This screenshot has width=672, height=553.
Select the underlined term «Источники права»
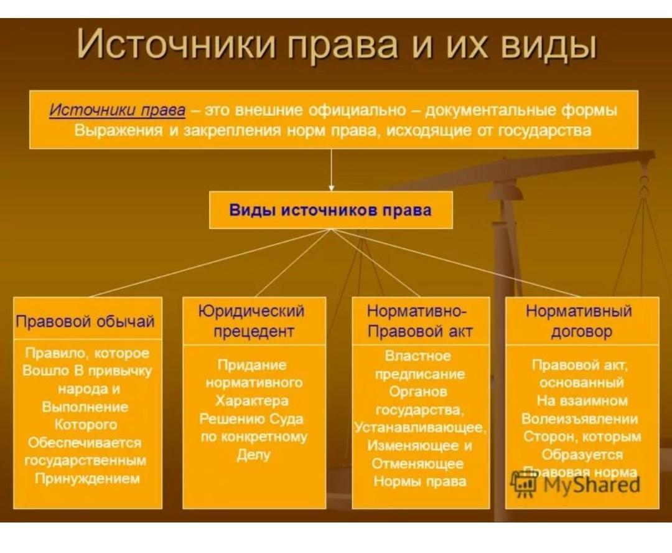click(118, 110)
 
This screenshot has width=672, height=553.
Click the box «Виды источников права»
click(331, 210)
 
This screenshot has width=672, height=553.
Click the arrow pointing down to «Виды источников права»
click(331, 170)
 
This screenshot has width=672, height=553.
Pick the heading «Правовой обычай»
click(85, 321)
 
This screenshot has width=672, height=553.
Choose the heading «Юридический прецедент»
click(251, 321)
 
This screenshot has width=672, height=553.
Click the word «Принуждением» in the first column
click(88, 479)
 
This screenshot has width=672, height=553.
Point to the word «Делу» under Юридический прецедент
click(253, 455)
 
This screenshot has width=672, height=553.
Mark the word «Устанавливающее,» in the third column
click(420, 428)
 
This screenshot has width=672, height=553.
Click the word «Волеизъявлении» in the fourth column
click(579, 418)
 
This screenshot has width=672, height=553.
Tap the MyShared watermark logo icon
click(523, 484)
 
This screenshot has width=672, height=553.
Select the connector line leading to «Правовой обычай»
click(210, 263)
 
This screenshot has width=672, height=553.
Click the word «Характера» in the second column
click(252, 400)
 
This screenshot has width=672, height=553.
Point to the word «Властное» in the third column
click(418, 356)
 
